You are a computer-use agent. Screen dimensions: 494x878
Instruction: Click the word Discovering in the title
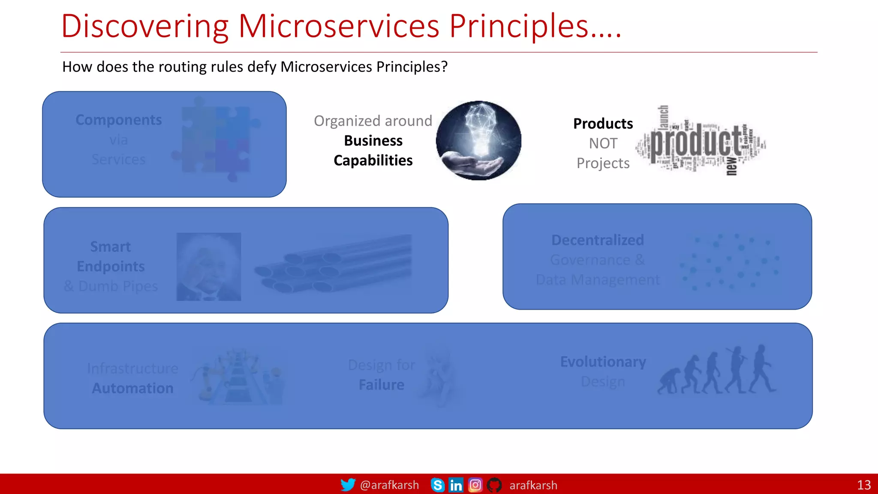click(x=144, y=27)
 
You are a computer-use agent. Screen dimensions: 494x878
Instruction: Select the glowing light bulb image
click(x=478, y=140)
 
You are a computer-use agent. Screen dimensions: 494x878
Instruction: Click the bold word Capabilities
click(x=373, y=160)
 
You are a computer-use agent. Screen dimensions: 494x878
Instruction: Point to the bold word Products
click(x=603, y=123)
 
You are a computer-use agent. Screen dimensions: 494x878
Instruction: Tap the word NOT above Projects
click(x=603, y=143)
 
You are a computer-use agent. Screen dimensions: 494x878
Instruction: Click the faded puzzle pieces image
click(x=219, y=139)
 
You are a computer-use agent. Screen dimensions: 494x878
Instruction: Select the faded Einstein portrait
click(x=209, y=266)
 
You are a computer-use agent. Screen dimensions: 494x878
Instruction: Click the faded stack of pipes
click(x=334, y=263)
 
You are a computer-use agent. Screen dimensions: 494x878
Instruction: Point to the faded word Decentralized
click(x=597, y=240)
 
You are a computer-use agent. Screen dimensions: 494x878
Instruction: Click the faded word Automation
click(x=132, y=388)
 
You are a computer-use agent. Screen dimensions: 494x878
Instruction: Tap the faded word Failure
click(x=381, y=385)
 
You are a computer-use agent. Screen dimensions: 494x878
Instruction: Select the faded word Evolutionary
click(x=603, y=362)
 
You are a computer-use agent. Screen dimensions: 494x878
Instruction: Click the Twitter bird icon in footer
click(x=347, y=485)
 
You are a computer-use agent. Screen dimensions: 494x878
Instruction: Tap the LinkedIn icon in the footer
click(x=456, y=485)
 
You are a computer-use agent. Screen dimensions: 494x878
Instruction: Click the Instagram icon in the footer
click(x=475, y=485)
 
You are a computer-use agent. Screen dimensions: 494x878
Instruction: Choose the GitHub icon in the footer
click(x=494, y=485)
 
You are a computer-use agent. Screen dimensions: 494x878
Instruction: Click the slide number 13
click(x=863, y=485)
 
